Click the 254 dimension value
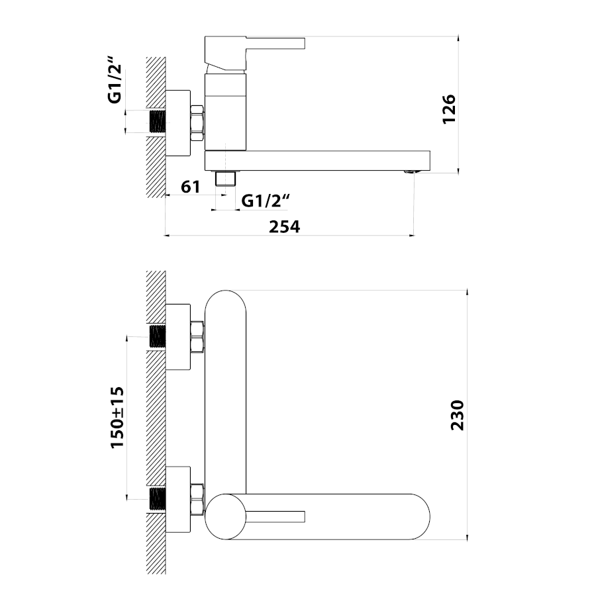(x=284, y=227)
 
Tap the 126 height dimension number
(x=449, y=109)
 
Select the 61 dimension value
(x=191, y=187)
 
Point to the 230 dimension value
(x=458, y=415)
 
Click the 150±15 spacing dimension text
(x=117, y=417)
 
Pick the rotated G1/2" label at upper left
(x=115, y=79)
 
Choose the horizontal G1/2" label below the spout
(x=266, y=201)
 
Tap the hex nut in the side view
(x=197, y=124)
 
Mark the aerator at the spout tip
(x=411, y=172)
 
